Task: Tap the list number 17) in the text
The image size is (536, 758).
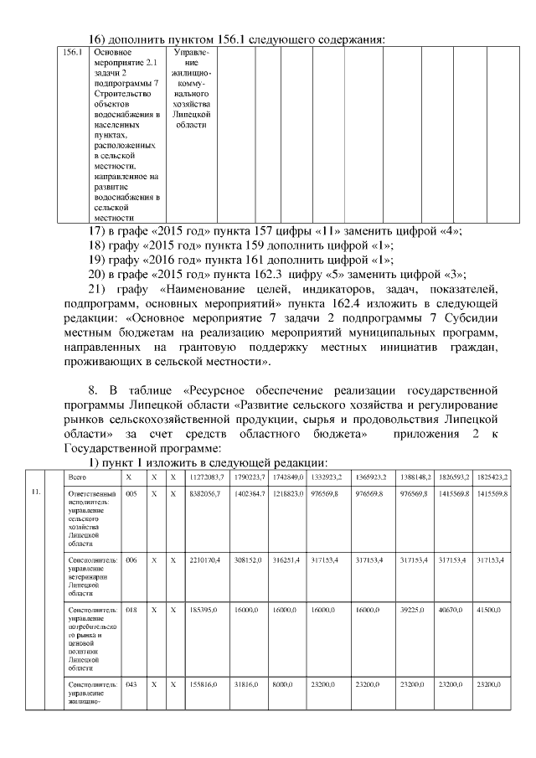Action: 99,230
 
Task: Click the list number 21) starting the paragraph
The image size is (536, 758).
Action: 99,289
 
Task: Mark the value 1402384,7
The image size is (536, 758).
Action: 250,495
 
